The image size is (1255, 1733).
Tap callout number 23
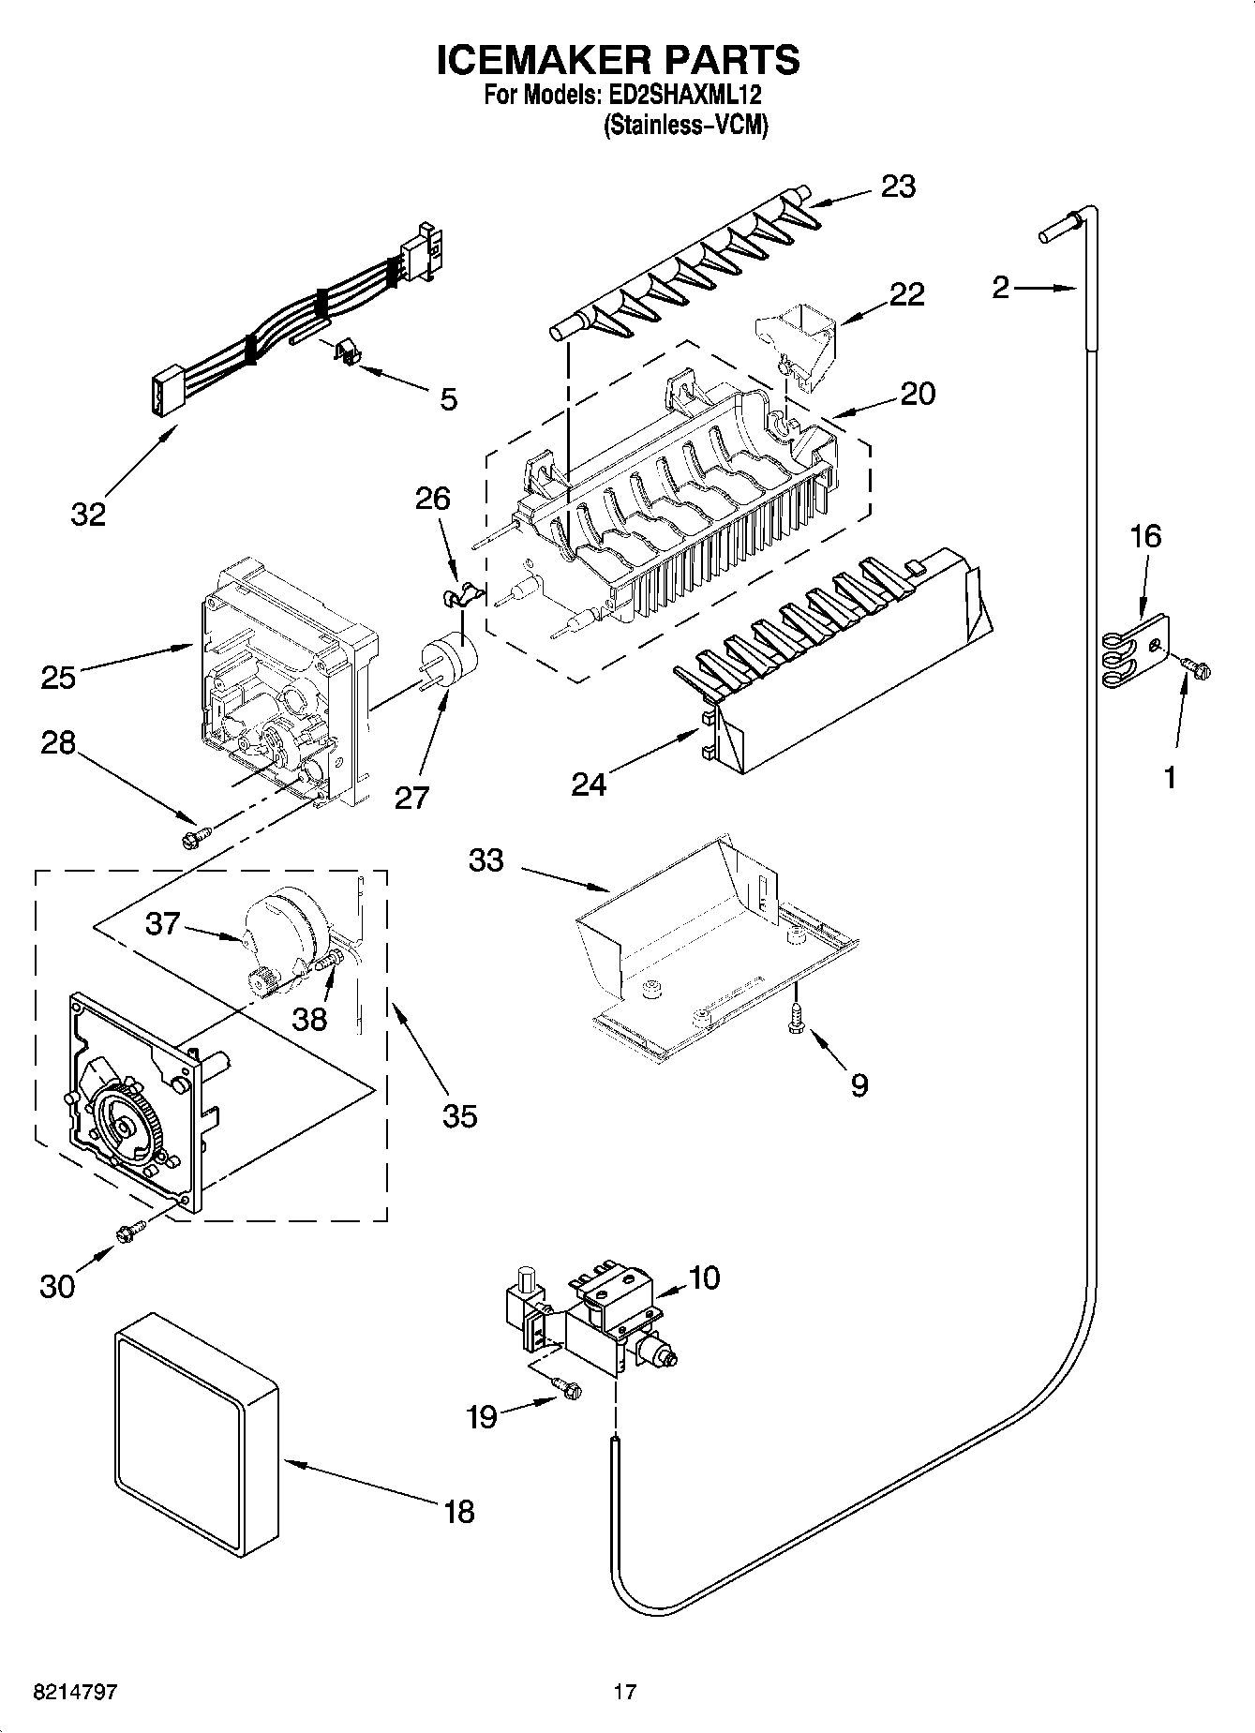pos(897,187)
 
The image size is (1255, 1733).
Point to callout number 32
pos(89,514)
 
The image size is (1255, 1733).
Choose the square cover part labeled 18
pos(197,1422)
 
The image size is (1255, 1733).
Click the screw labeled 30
pos(129,1233)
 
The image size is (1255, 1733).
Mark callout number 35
pos(459,1115)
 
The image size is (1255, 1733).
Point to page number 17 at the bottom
pos(625,1692)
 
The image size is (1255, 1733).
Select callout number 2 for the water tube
pos(1000,287)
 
